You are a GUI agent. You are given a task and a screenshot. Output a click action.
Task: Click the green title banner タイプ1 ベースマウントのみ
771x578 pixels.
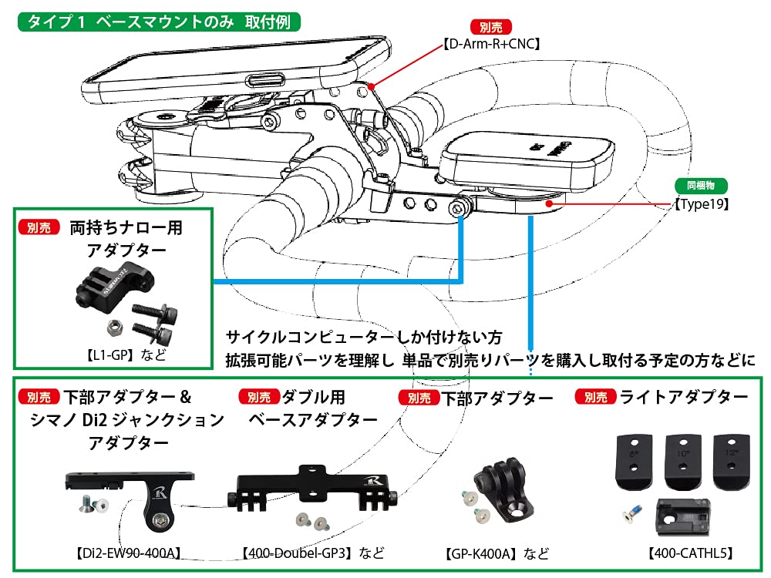[158, 21]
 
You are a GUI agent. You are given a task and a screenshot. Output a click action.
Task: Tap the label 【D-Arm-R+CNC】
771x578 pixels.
[492, 45]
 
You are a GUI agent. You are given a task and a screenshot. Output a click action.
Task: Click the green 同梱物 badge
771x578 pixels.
[701, 186]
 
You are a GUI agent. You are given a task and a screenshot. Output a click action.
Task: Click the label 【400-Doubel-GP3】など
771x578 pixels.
[312, 553]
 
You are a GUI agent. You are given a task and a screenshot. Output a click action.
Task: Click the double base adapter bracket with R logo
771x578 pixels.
[315, 486]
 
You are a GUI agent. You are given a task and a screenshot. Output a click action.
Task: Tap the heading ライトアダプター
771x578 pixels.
[684, 397]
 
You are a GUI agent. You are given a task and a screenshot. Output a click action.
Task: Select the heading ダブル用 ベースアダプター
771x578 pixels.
[312, 408]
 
